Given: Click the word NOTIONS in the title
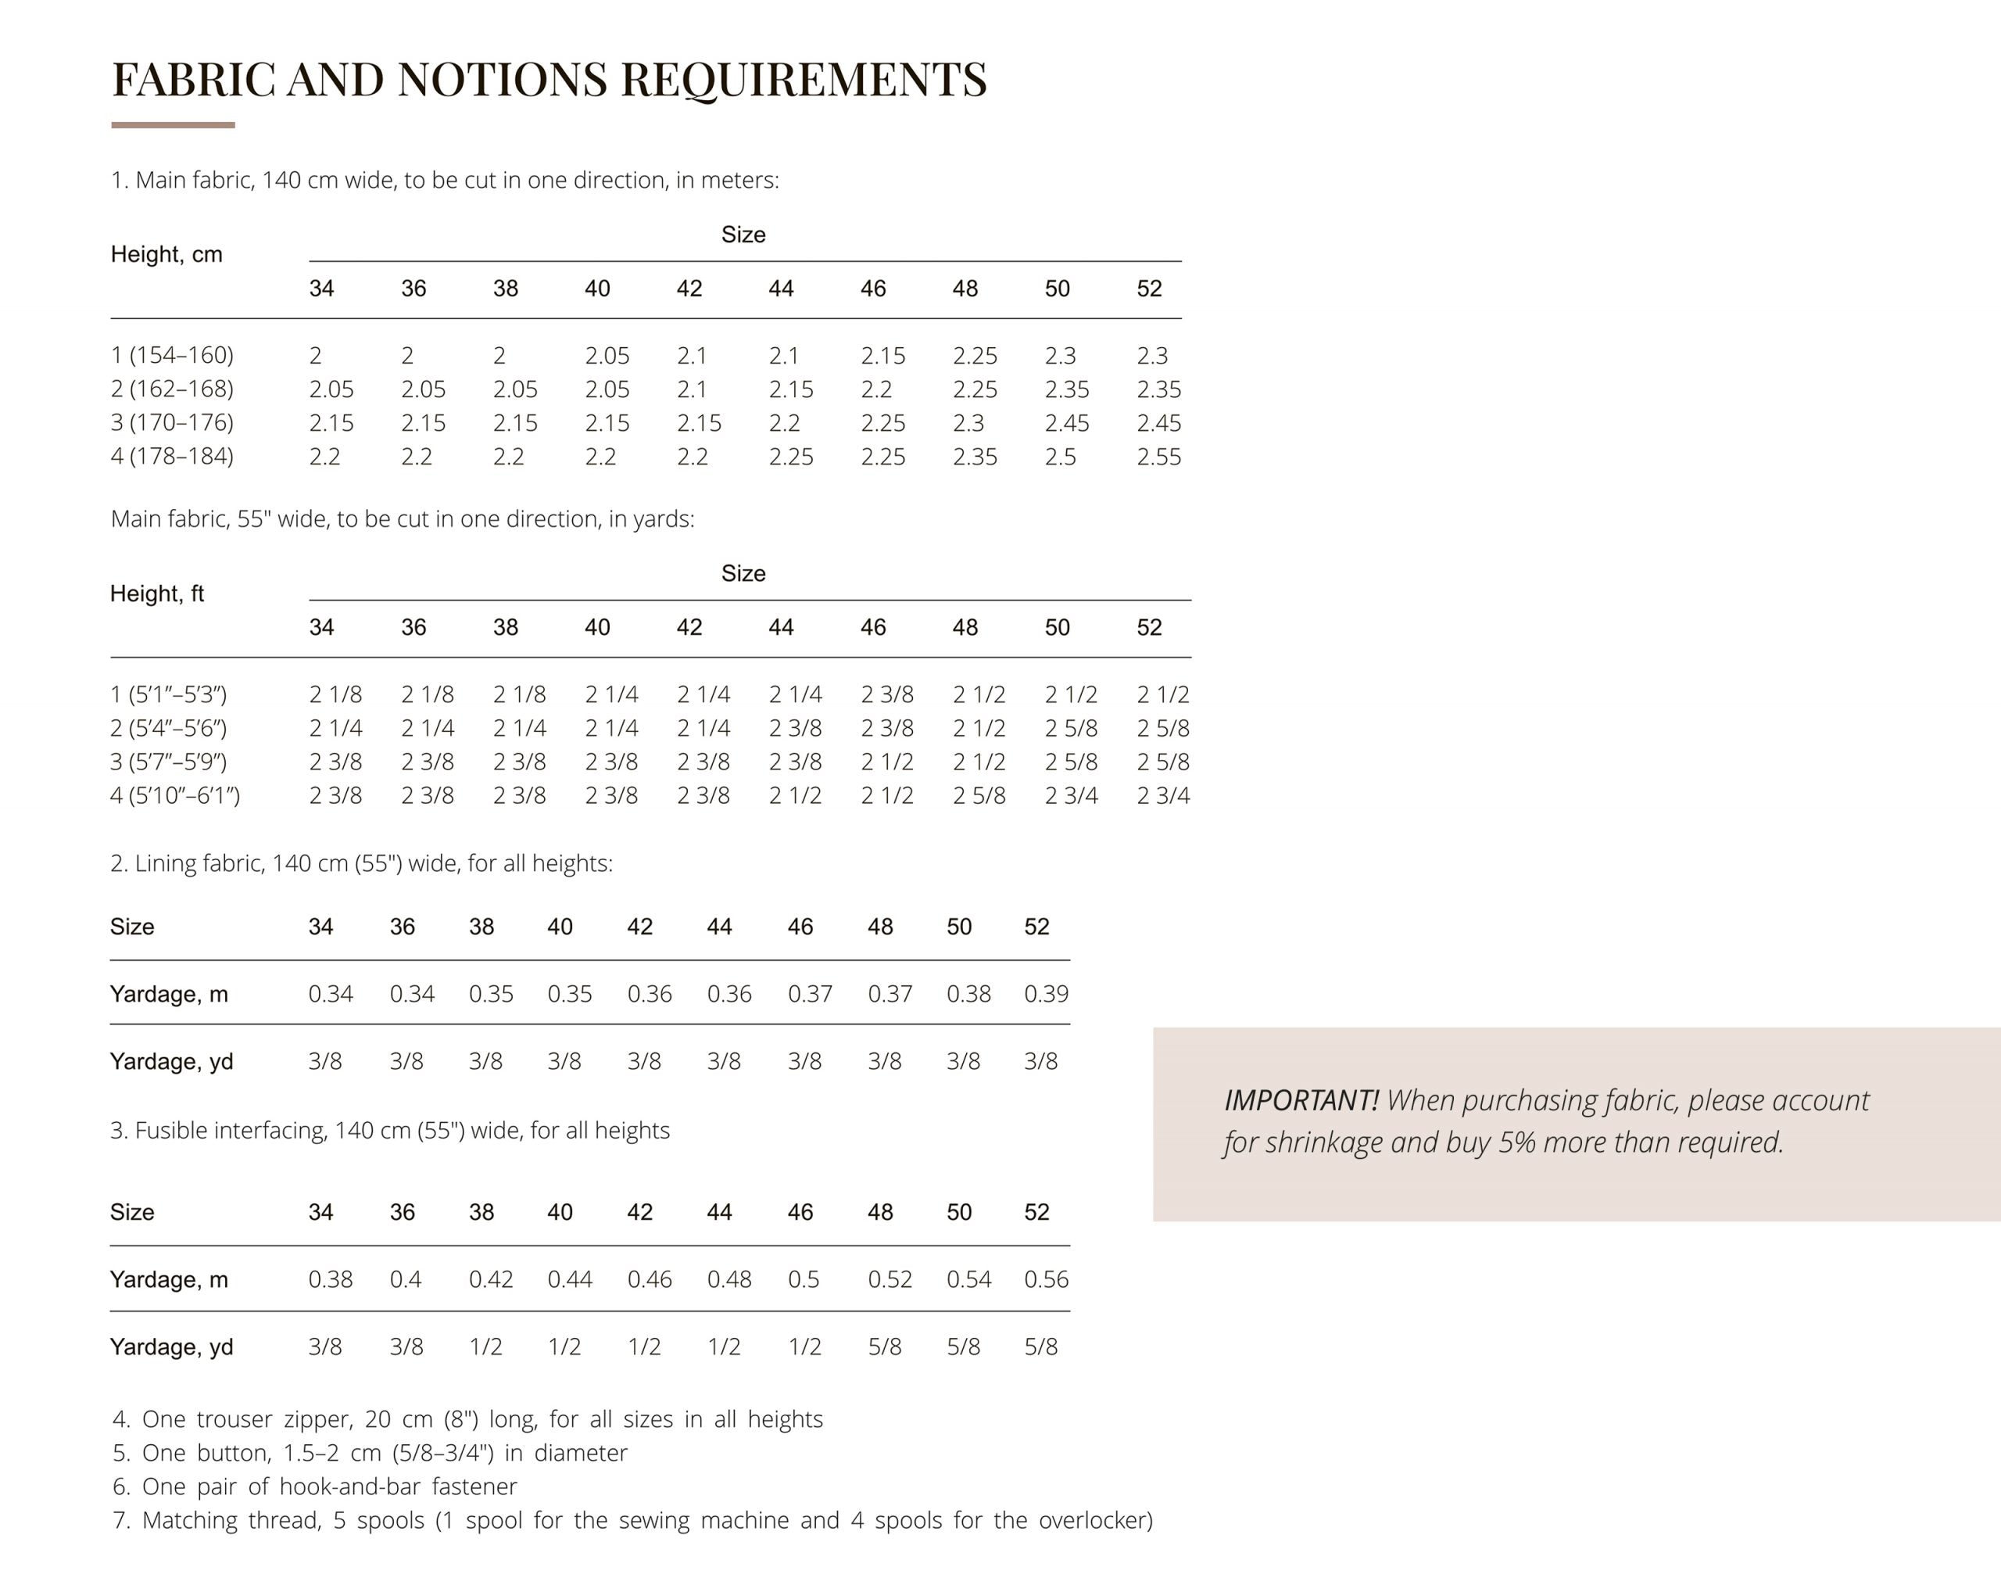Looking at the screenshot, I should click(x=502, y=80).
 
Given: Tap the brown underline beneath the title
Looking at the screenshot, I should click(x=173, y=124).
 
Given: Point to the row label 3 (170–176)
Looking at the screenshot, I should click(x=172, y=422).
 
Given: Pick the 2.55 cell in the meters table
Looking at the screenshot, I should click(x=1158, y=457).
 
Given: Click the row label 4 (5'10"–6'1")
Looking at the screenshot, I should click(x=174, y=795).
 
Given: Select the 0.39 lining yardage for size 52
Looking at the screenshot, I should click(x=1046, y=994).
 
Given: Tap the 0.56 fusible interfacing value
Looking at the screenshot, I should click(x=1046, y=1280).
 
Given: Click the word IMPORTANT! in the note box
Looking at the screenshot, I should click(x=1301, y=1101).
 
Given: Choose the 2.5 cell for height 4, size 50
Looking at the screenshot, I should click(x=1061, y=457).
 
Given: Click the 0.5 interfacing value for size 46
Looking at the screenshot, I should click(x=804, y=1280).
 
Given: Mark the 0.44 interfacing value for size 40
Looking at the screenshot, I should click(x=570, y=1280).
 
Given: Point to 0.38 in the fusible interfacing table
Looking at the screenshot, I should click(x=331, y=1280).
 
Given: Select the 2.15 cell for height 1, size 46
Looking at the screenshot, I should click(x=882, y=356).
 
